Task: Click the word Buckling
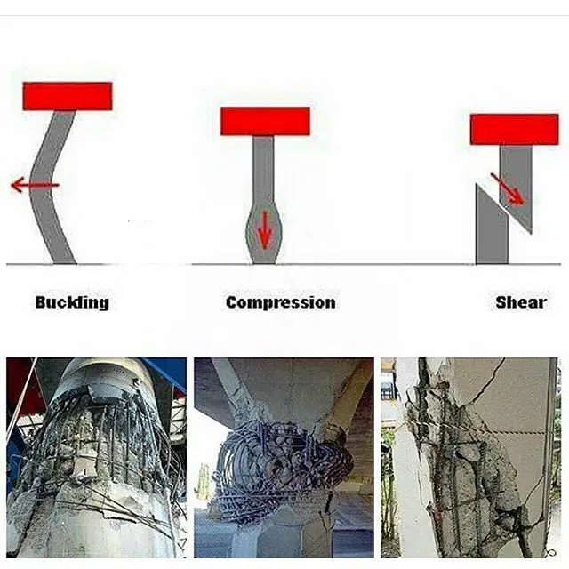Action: (x=72, y=302)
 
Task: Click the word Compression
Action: (x=281, y=302)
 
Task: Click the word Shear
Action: (x=521, y=302)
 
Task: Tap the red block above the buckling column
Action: (x=68, y=96)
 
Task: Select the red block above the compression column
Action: (x=265, y=121)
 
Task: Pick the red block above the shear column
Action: (x=514, y=130)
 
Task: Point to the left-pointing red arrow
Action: (x=35, y=185)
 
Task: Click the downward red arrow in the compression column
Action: (x=265, y=229)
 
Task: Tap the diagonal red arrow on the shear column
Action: (x=507, y=189)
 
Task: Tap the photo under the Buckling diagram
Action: (x=97, y=458)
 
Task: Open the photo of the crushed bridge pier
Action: (x=284, y=458)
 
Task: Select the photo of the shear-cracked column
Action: (x=469, y=458)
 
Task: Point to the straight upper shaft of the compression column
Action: (x=263, y=172)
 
